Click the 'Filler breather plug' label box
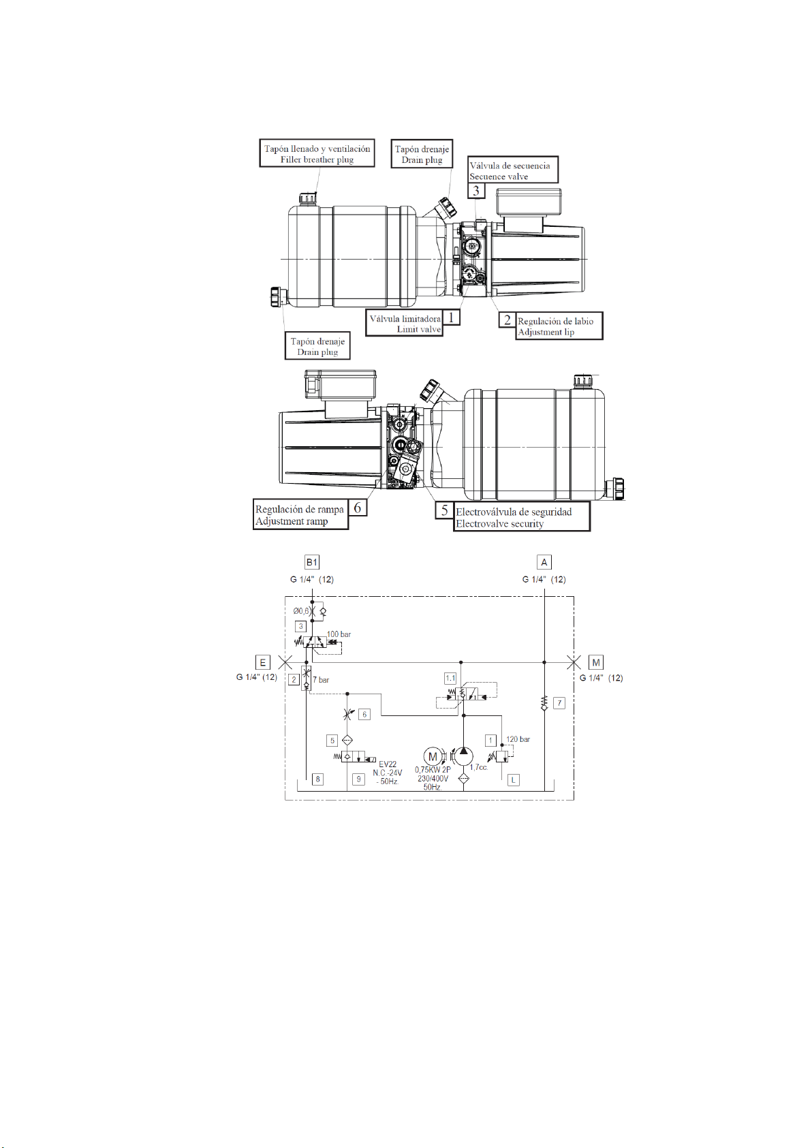tap(317, 153)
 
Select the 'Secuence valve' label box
tap(513, 170)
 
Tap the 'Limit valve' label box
tap(404, 323)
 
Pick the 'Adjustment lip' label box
tap(559, 326)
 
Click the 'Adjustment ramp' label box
tap(300, 514)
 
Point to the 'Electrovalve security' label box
tap(522, 516)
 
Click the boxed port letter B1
tap(311, 561)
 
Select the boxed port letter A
tap(544, 561)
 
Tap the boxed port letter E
tap(262, 662)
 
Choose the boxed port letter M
tap(596, 662)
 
